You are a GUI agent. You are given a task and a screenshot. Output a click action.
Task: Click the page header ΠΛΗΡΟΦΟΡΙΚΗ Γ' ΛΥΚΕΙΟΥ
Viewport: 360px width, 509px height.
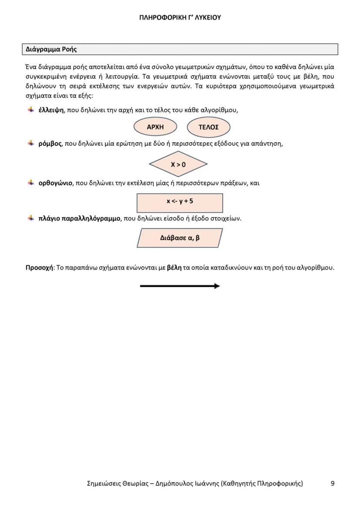[180, 18]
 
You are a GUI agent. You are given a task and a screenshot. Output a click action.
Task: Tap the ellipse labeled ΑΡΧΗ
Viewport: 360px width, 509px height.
[155, 127]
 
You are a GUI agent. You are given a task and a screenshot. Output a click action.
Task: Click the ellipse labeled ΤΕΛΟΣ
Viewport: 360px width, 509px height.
[208, 127]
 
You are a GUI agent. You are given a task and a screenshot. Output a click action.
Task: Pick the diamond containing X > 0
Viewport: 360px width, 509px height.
[178, 165]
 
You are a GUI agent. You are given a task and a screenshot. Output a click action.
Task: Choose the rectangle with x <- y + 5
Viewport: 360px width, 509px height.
[180, 202]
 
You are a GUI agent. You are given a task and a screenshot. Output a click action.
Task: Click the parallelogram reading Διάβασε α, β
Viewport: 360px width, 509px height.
[180, 238]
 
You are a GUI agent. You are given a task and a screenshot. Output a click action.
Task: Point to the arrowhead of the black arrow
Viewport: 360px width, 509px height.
[217, 286]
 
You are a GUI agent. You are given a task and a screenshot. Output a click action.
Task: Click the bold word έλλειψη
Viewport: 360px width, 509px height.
[51, 110]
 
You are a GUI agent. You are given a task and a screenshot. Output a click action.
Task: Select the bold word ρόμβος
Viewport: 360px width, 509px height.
[50, 143]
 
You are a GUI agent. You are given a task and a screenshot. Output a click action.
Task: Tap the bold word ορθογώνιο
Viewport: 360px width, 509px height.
[55, 183]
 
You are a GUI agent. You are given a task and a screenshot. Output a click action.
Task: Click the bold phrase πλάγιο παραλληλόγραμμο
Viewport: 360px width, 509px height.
[79, 218]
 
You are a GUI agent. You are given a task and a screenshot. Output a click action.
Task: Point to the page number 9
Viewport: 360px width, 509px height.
[333, 483]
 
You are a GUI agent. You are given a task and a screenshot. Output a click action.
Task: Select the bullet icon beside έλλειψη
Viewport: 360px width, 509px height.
[31, 110]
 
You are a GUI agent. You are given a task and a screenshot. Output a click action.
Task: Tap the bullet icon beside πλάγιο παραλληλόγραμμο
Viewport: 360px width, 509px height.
[31, 218]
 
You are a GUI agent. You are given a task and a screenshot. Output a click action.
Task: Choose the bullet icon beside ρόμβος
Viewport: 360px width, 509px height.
[31, 143]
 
